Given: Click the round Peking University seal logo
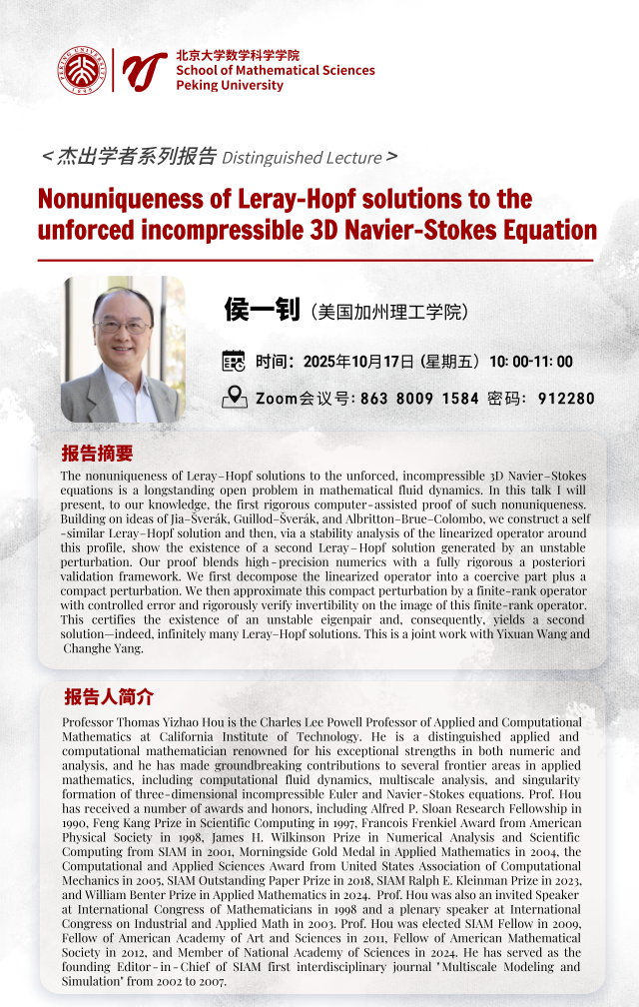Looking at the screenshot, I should pyautogui.click(x=82, y=70).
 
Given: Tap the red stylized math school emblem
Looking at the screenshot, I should pyautogui.click(x=144, y=70).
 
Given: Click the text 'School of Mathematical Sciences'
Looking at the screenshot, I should pyautogui.click(x=275, y=71).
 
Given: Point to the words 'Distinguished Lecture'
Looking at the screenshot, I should pyautogui.click(x=302, y=157).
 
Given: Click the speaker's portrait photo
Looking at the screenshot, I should pyautogui.click(x=124, y=349).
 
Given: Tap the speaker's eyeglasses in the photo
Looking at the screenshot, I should pyautogui.click(x=122, y=326).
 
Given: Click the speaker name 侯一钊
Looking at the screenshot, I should pyautogui.click(x=263, y=310).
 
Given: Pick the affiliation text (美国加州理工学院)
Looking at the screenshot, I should pyautogui.click(x=388, y=312).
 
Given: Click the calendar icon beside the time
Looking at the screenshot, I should pyautogui.click(x=233, y=362).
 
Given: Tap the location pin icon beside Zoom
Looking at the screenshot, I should pyautogui.click(x=234, y=397).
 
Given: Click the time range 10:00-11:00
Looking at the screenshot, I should pyautogui.click(x=530, y=362).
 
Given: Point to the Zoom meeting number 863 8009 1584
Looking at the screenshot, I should pyautogui.click(x=419, y=399).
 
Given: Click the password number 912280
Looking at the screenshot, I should pyautogui.click(x=566, y=399).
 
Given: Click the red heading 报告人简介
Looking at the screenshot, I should pyautogui.click(x=109, y=696).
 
